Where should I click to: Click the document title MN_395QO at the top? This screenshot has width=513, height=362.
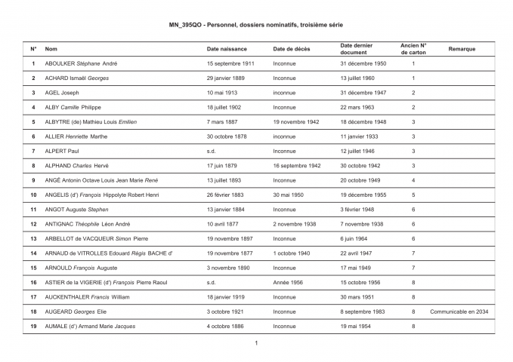point(256,26)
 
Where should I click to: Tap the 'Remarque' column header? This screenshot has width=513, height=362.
point(462,48)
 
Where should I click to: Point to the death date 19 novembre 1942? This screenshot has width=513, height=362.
point(296,121)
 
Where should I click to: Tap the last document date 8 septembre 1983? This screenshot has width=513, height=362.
point(365,311)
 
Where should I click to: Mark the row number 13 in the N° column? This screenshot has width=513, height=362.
point(33,238)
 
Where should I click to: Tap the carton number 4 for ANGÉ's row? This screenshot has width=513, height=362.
point(413,180)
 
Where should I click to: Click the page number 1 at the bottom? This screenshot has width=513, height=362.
point(256,344)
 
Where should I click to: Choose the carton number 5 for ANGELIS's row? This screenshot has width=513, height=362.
point(413,195)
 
